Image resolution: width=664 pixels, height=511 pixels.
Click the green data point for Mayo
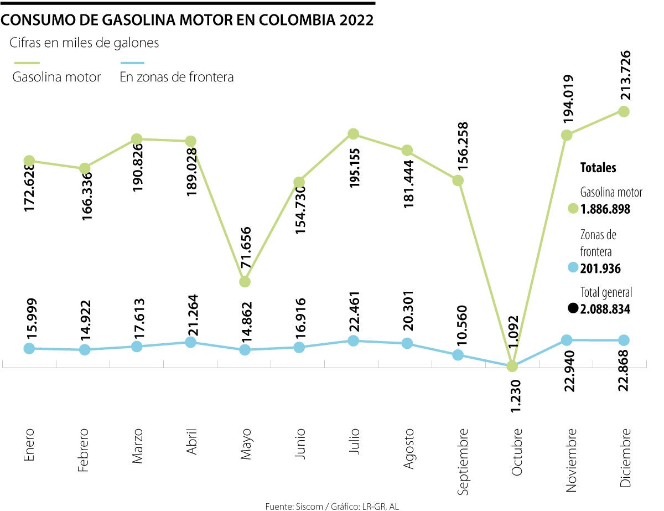click(245, 282)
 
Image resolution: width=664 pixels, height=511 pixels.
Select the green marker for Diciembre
click(624, 111)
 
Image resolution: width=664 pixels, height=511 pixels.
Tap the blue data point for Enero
click(30, 348)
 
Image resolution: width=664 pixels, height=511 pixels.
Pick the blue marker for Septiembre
click(458, 355)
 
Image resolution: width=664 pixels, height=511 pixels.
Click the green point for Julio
click(354, 134)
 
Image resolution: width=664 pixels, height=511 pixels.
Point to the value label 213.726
click(624, 75)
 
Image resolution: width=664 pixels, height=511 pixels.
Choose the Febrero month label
click(84, 450)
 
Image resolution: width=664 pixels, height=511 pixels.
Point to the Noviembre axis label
click(570, 459)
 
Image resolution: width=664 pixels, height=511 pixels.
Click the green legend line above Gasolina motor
click(26, 64)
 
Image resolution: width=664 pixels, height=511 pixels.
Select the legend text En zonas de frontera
click(177, 77)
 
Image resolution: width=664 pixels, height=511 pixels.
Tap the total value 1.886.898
click(605, 209)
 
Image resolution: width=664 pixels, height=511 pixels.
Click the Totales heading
click(598, 168)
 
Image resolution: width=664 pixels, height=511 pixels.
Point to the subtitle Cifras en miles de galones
click(84, 43)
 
